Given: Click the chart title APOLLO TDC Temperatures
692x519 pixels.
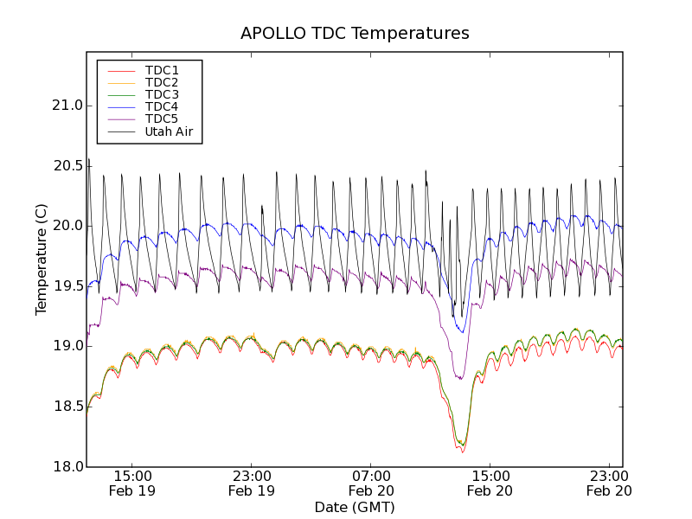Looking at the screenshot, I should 355,34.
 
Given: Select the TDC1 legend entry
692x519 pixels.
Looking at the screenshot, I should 162,70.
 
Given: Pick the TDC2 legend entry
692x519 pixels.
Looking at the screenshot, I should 162,82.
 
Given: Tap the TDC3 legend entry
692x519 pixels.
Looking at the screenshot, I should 162,94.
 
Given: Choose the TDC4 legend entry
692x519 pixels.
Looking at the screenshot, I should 162,106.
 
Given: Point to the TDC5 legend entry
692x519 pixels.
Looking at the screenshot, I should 162,119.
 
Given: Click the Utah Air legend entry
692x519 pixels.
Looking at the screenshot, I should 169,131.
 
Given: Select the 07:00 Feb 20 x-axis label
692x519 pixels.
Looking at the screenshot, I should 371,483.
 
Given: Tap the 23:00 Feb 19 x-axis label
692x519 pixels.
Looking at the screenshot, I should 252,483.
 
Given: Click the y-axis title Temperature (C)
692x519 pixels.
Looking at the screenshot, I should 42,259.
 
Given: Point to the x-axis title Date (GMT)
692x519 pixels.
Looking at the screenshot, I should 355,507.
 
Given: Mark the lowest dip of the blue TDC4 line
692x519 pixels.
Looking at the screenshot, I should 463,332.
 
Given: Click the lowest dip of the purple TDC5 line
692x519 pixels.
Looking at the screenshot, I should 460,379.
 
